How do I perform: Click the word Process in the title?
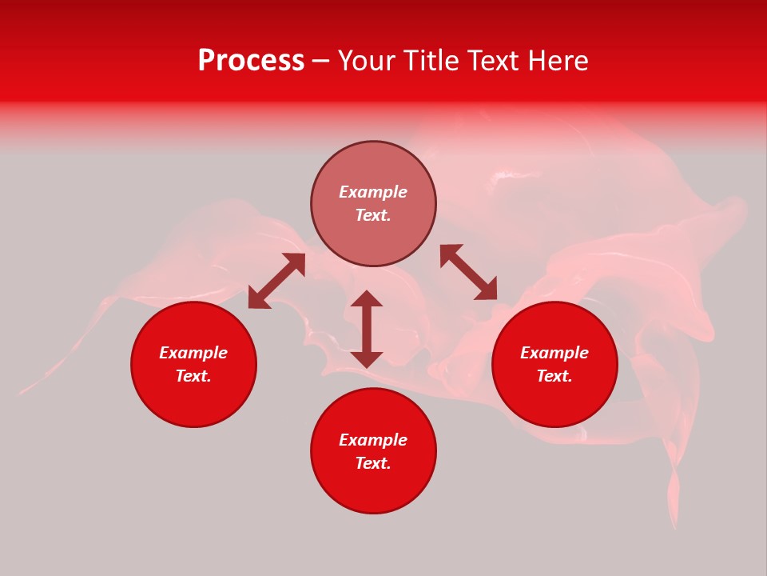[251, 61]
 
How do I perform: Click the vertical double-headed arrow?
[367, 329]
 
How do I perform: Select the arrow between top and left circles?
[276, 281]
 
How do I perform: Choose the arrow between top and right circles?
[469, 272]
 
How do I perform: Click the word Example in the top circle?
[373, 192]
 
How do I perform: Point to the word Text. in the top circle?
[373, 215]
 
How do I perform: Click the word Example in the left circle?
[193, 353]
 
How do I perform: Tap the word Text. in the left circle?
[193, 376]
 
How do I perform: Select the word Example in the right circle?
[554, 353]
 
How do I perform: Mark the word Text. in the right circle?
[554, 376]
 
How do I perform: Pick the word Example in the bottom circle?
[373, 440]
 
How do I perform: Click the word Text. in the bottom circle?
[373, 463]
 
